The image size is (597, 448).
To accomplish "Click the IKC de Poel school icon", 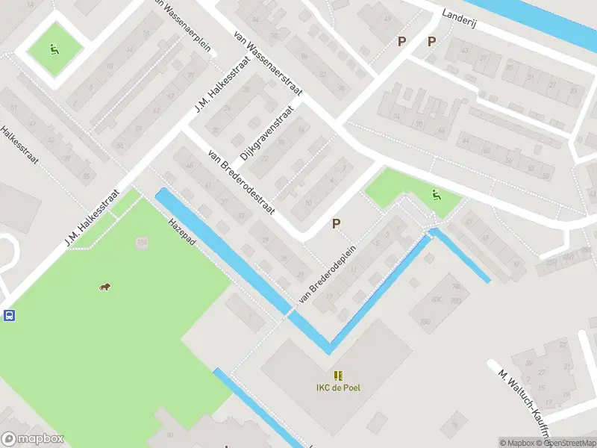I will (x=338, y=375).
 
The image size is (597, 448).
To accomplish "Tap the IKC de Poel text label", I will (x=338, y=388).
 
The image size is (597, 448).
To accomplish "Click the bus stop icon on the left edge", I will (x=8, y=315).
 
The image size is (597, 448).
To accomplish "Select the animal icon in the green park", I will (x=105, y=287).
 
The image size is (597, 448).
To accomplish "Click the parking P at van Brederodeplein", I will (x=337, y=223).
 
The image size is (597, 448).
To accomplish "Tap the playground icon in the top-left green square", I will (x=54, y=49).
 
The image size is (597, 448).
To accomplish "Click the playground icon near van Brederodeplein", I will (x=436, y=196).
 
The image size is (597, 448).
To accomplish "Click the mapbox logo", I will (x=33, y=439).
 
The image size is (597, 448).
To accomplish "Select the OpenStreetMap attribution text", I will (x=568, y=443).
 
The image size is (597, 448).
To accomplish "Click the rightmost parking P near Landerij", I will (x=431, y=42).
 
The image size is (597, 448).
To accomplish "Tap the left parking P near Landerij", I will (x=402, y=42).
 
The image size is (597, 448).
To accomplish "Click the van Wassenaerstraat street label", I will (x=267, y=63).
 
